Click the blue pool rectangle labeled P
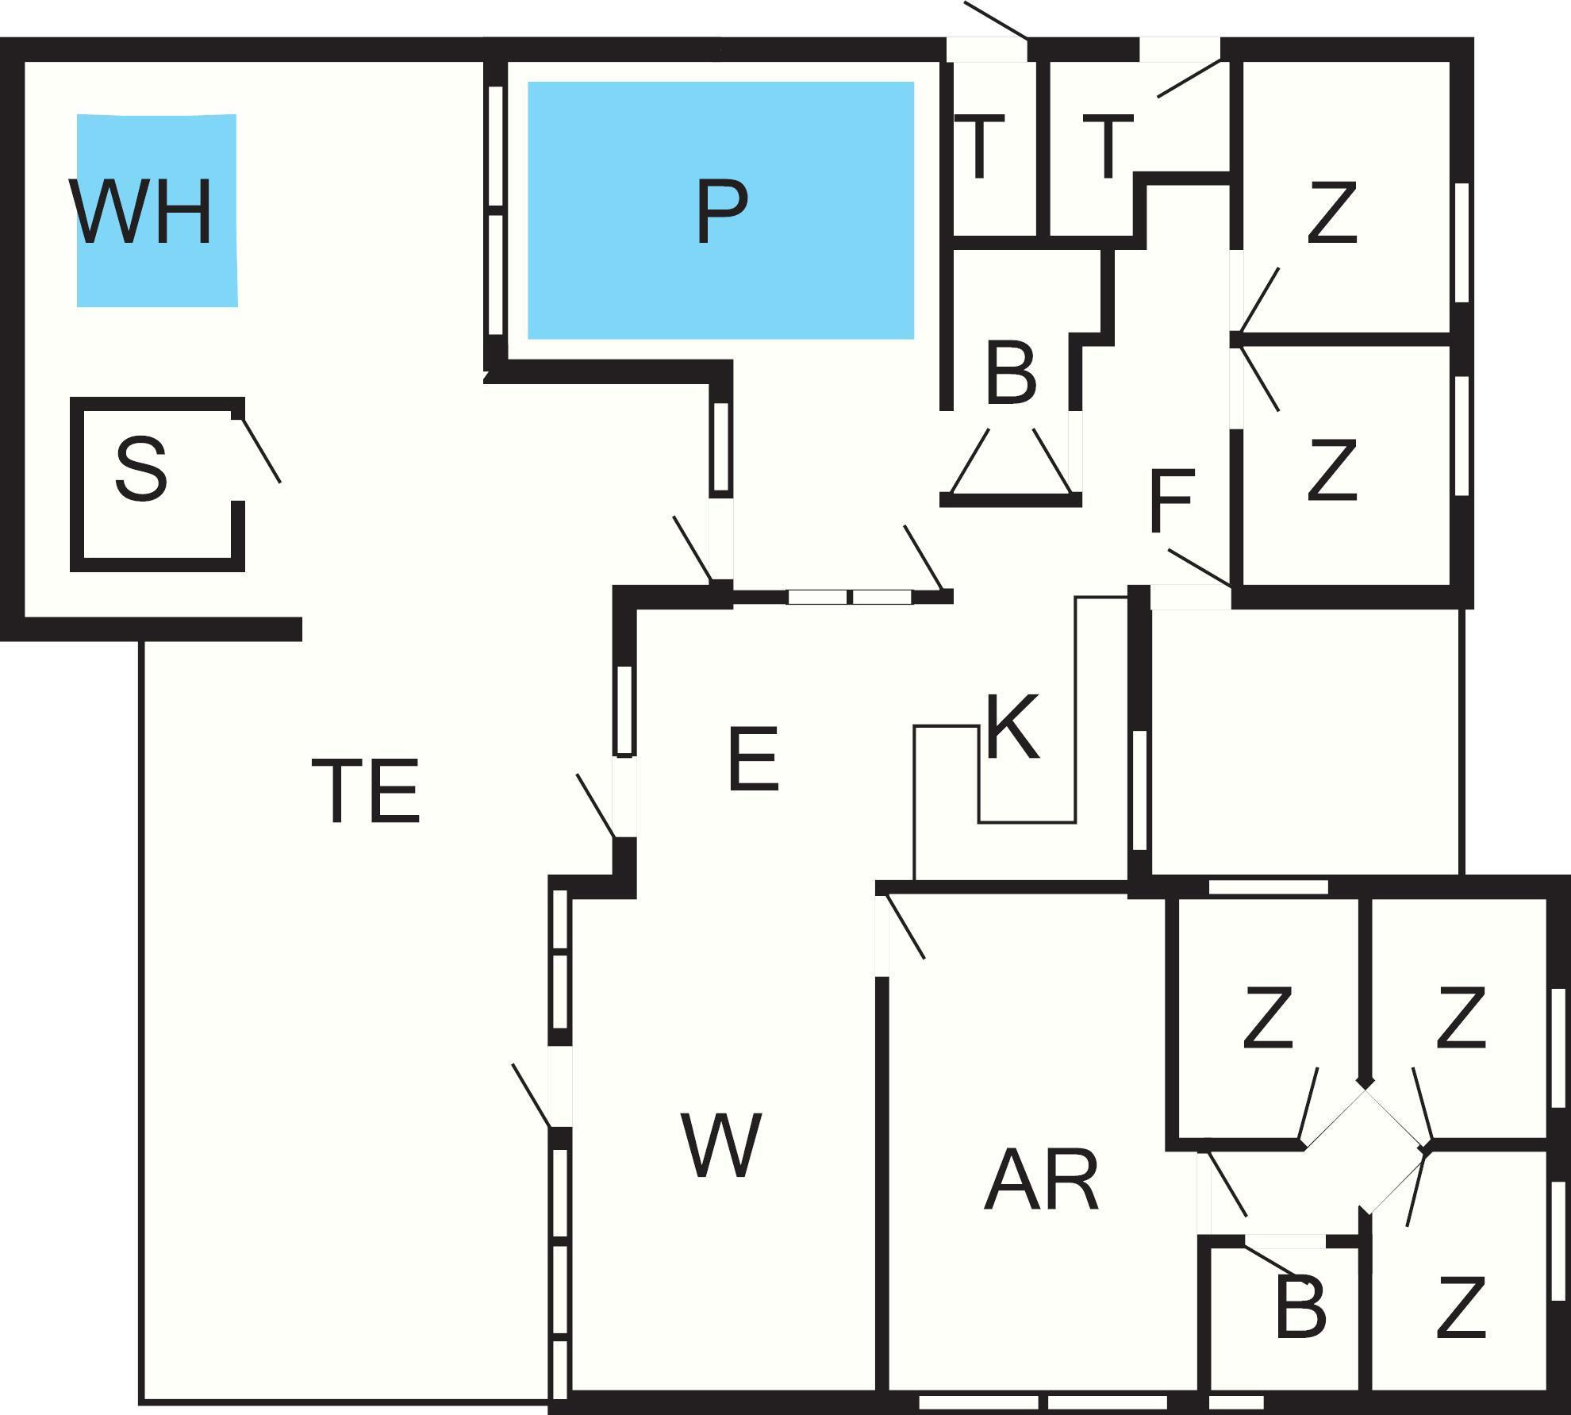720,210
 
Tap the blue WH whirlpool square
156,210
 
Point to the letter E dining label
753,760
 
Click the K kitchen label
1012,728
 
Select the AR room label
1041,1180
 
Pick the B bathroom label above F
1011,373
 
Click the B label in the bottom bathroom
1300,1306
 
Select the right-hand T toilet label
1108,147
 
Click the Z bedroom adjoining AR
1268,1017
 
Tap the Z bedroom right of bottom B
1461,1306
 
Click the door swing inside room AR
905,926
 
